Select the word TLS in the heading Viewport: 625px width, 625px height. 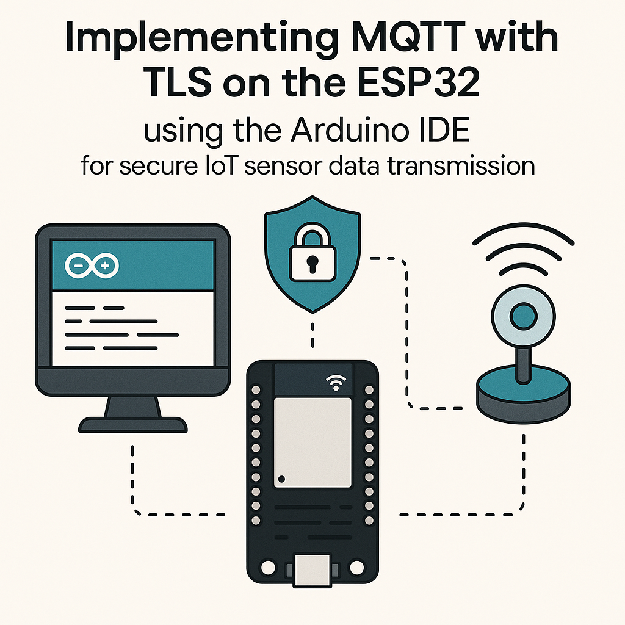coord(178,84)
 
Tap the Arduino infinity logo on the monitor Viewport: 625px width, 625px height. coord(92,266)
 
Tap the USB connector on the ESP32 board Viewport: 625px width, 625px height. coord(312,570)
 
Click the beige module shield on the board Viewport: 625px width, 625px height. coord(312,441)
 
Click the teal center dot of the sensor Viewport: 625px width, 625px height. coord(523,317)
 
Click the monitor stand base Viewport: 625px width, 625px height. coord(133,424)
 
